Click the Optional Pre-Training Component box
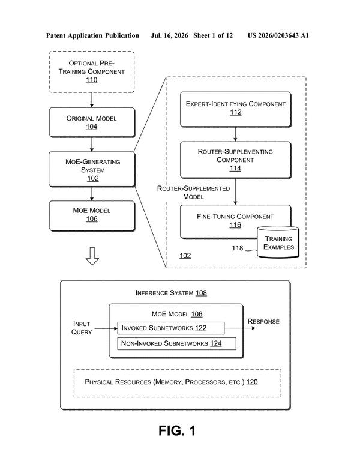(x=92, y=72)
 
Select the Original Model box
(x=92, y=122)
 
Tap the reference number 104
(x=92, y=127)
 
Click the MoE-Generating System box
(x=92, y=169)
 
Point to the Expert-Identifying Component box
(x=236, y=109)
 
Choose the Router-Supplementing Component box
(x=236, y=160)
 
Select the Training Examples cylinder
(x=278, y=242)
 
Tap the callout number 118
(x=238, y=248)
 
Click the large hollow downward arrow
(x=92, y=256)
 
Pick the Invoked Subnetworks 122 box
(x=171, y=328)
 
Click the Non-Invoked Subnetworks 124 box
(x=177, y=343)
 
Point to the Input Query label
(x=82, y=328)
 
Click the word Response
(x=263, y=321)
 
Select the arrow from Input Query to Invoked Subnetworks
(x=106, y=328)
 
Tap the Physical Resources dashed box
(x=178, y=383)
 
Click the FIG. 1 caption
(x=177, y=430)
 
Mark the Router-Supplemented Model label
(x=193, y=193)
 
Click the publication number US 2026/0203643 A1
(x=278, y=35)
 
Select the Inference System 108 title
(x=171, y=293)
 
